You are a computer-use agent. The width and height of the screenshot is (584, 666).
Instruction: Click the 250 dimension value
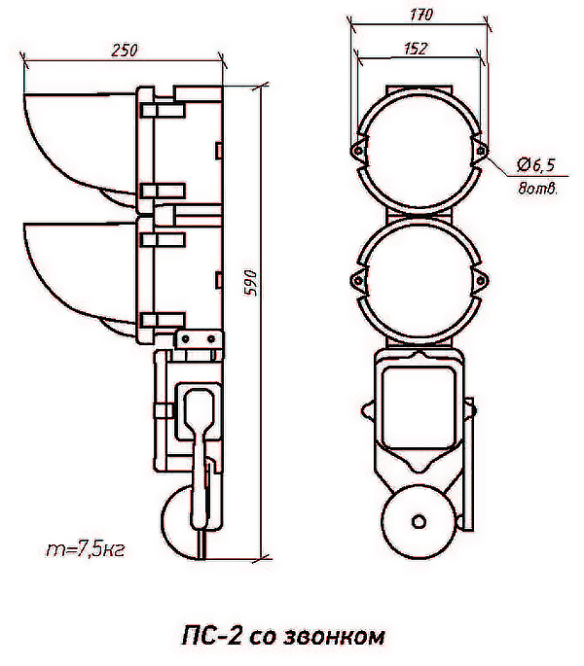coord(125,51)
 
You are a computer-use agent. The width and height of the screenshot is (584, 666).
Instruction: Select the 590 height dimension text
coord(251,283)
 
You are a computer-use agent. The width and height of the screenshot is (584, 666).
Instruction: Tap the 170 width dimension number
coord(421,15)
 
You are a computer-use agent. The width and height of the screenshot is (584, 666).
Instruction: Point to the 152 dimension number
coord(415,49)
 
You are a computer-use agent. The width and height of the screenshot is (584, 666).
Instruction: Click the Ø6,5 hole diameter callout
coord(536,164)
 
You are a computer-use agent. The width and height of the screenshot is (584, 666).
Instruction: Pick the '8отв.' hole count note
coord(537,188)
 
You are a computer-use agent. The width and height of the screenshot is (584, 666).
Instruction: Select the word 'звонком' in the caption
coord(333,636)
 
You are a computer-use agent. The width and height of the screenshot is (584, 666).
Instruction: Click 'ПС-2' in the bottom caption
coord(212,636)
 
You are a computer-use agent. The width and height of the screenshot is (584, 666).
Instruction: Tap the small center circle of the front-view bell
coord(419,521)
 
